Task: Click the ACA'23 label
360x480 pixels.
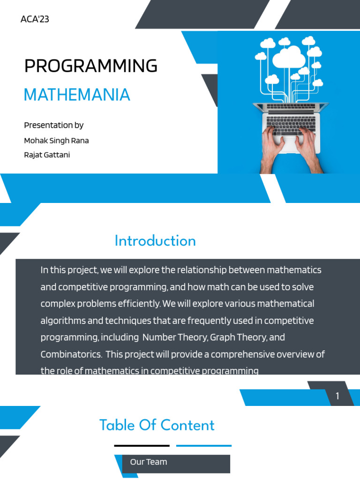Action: [x=35, y=19]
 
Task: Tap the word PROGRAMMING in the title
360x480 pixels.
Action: [x=90, y=66]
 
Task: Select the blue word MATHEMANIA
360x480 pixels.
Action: [x=77, y=95]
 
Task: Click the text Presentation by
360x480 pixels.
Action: [x=53, y=125]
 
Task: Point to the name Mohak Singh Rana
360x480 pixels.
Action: [x=56, y=141]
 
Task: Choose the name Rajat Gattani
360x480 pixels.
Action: [x=47, y=155]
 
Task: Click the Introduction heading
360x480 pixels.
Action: [x=155, y=241]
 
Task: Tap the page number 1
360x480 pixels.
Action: [x=337, y=397]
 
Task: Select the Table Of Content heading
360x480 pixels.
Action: [x=157, y=425]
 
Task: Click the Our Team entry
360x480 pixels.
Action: [x=148, y=462]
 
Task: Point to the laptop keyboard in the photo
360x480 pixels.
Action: [x=291, y=125]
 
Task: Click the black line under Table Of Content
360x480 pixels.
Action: [x=142, y=446]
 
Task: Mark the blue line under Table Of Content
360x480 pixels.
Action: [x=203, y=446]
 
